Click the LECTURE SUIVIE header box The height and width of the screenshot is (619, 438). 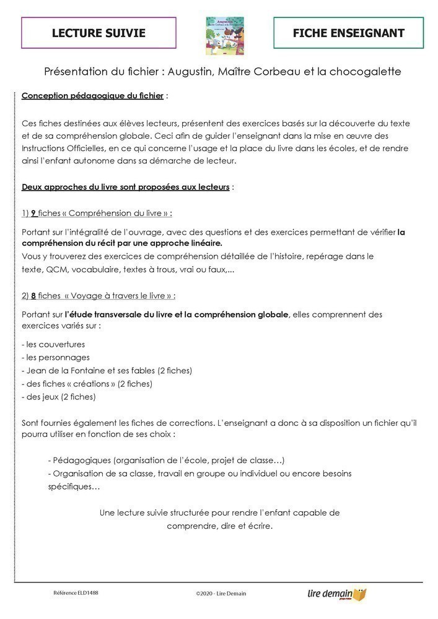99,33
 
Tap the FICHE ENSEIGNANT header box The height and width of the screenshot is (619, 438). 348,33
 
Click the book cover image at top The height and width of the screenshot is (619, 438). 224,35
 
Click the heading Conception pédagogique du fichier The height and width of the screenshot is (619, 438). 93,96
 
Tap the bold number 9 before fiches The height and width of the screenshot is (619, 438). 33,213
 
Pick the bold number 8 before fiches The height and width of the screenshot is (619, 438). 33,295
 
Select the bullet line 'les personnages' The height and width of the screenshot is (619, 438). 56,357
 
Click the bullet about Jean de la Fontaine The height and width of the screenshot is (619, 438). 107,370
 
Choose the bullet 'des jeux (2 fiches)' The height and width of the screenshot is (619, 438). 59,397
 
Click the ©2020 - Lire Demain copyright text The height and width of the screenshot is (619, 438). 221,593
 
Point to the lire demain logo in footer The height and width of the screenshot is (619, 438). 336,594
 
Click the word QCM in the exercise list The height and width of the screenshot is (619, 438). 56,269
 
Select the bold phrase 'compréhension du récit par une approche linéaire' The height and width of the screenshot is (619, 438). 121,243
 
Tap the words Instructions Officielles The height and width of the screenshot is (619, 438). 66,149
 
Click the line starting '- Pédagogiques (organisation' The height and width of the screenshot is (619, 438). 166,461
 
